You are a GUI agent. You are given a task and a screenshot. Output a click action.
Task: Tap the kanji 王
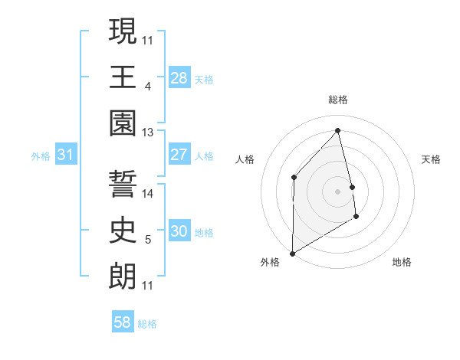123,77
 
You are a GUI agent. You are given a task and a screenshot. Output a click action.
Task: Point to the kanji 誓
123,185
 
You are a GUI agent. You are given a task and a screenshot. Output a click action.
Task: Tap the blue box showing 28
179,77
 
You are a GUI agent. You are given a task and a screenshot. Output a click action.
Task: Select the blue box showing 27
179,155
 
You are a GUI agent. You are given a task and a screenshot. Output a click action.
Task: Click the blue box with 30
179,231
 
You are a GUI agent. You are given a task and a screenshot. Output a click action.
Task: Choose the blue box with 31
66,155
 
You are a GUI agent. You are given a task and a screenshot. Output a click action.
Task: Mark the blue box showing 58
123,322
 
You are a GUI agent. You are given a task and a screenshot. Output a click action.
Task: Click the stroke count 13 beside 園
148,133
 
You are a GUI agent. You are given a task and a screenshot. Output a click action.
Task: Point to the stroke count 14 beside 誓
148,194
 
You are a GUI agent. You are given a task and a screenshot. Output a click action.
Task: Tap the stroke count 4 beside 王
147,87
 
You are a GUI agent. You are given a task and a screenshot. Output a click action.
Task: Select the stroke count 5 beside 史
147,240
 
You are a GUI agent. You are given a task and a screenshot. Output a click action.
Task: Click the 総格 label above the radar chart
337,100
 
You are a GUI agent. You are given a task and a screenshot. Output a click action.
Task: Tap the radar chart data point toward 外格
292,253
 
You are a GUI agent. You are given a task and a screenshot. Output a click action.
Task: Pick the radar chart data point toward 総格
337,131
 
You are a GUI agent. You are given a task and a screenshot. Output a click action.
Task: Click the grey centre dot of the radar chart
337,191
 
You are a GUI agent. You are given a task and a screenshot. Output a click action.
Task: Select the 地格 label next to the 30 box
204,232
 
